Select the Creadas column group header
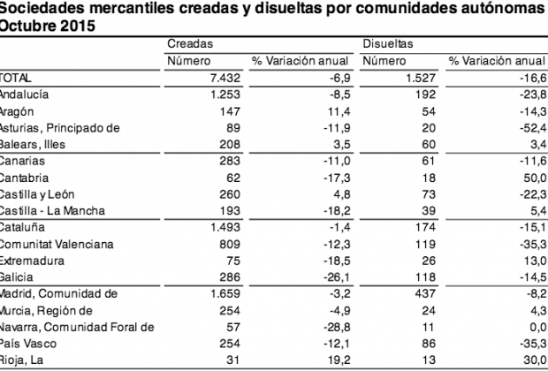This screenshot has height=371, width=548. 190,43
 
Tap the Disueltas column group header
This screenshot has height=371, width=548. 388,43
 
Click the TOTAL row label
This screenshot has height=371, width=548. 15,78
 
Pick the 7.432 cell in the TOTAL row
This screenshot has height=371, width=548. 225,78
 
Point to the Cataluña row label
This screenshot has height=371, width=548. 22,227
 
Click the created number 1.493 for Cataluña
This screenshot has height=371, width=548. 225,227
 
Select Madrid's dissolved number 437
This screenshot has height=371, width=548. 425,293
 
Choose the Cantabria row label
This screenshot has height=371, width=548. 24,178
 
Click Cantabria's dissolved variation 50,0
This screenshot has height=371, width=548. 535,178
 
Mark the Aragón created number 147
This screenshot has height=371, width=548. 230,111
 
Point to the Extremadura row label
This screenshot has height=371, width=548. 32,261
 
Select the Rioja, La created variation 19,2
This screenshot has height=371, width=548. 339,360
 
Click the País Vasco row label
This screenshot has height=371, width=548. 28,344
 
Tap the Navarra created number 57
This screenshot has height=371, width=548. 233,327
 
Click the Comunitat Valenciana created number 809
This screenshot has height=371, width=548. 230,244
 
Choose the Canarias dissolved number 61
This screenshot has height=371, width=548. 429,161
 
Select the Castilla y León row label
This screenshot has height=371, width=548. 37,194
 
